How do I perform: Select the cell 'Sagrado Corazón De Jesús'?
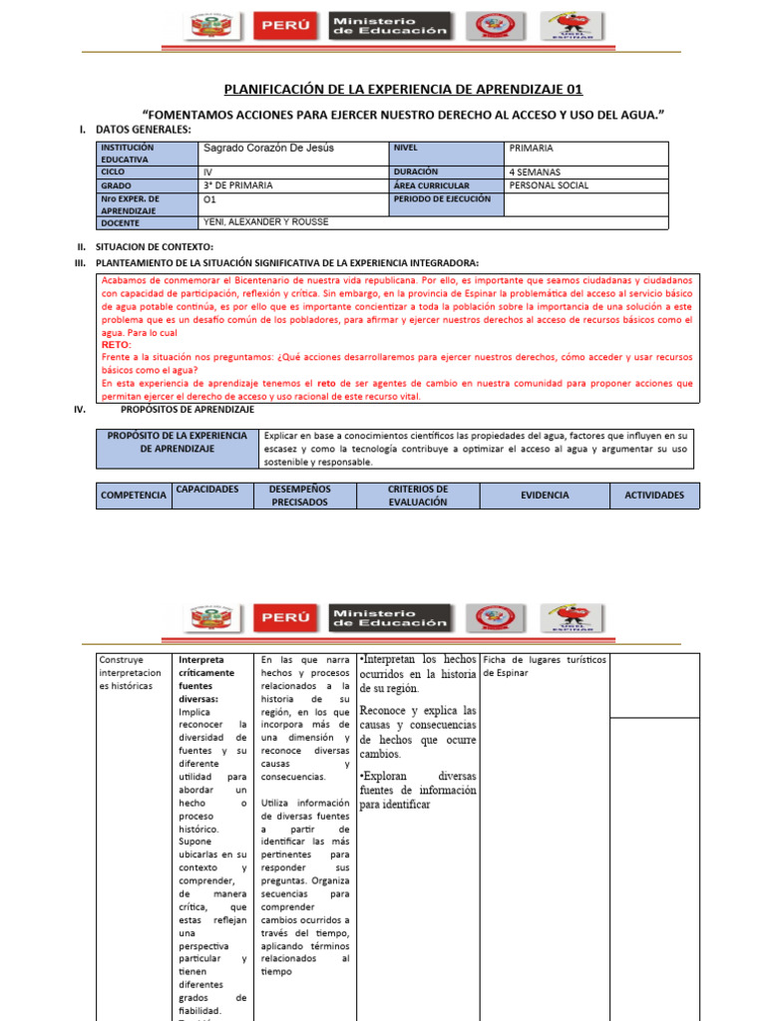point(268,148)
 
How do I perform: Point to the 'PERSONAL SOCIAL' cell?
point(549,185)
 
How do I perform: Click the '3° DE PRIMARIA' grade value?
point(238,185)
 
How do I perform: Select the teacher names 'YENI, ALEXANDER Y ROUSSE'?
point(265,222)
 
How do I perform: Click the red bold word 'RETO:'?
point(117,344)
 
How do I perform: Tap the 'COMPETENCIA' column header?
point(133,496)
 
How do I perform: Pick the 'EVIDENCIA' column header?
point(545,495)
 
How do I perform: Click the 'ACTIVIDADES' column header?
point(654,495)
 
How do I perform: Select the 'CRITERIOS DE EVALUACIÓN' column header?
point(418,496)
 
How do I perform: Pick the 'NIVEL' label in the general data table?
point(406,148)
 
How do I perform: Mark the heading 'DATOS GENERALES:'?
point(143,130)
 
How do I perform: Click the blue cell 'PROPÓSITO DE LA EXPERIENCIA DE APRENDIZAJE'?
point(177,443)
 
